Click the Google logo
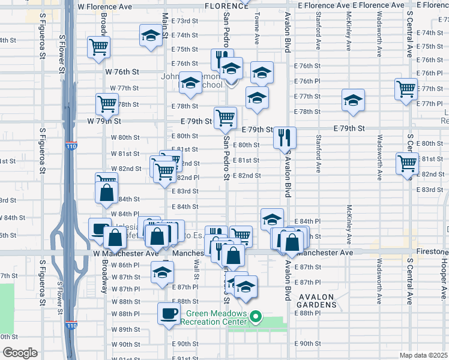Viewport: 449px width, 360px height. (20, 353)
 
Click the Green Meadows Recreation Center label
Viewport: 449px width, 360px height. (215, 317)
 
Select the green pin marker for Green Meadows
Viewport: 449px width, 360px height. (256, 316)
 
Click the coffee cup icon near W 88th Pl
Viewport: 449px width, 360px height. (169, 312)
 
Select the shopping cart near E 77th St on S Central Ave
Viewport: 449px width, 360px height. (406, 89)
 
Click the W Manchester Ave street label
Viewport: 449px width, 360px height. (121, 254)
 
